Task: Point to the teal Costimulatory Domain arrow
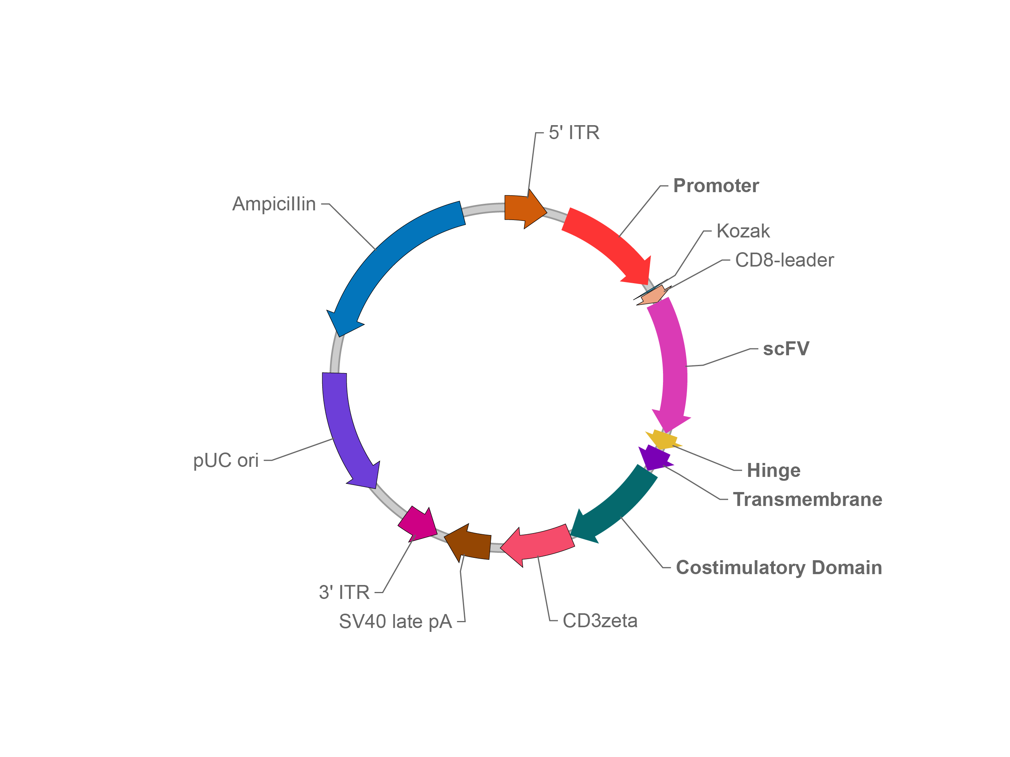coord(616,506)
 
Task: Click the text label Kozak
coord(743,231)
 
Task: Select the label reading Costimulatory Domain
coord(779,568)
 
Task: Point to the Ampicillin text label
coord(274,204)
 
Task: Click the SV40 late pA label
coord(395,621)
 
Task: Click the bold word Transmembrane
coord(808,499)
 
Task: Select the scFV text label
coord(786,349)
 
